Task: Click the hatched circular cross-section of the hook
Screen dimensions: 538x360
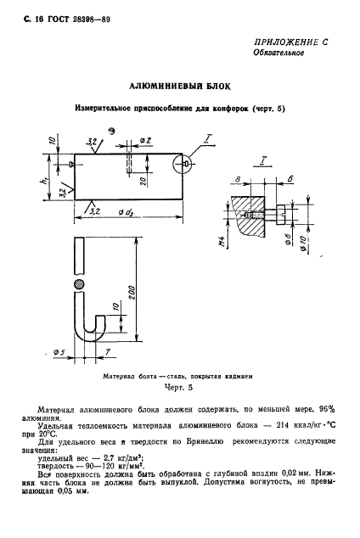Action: [79, 283]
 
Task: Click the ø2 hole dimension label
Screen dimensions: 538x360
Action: [144, 140]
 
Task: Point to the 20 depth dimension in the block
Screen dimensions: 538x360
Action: [144, 180]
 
